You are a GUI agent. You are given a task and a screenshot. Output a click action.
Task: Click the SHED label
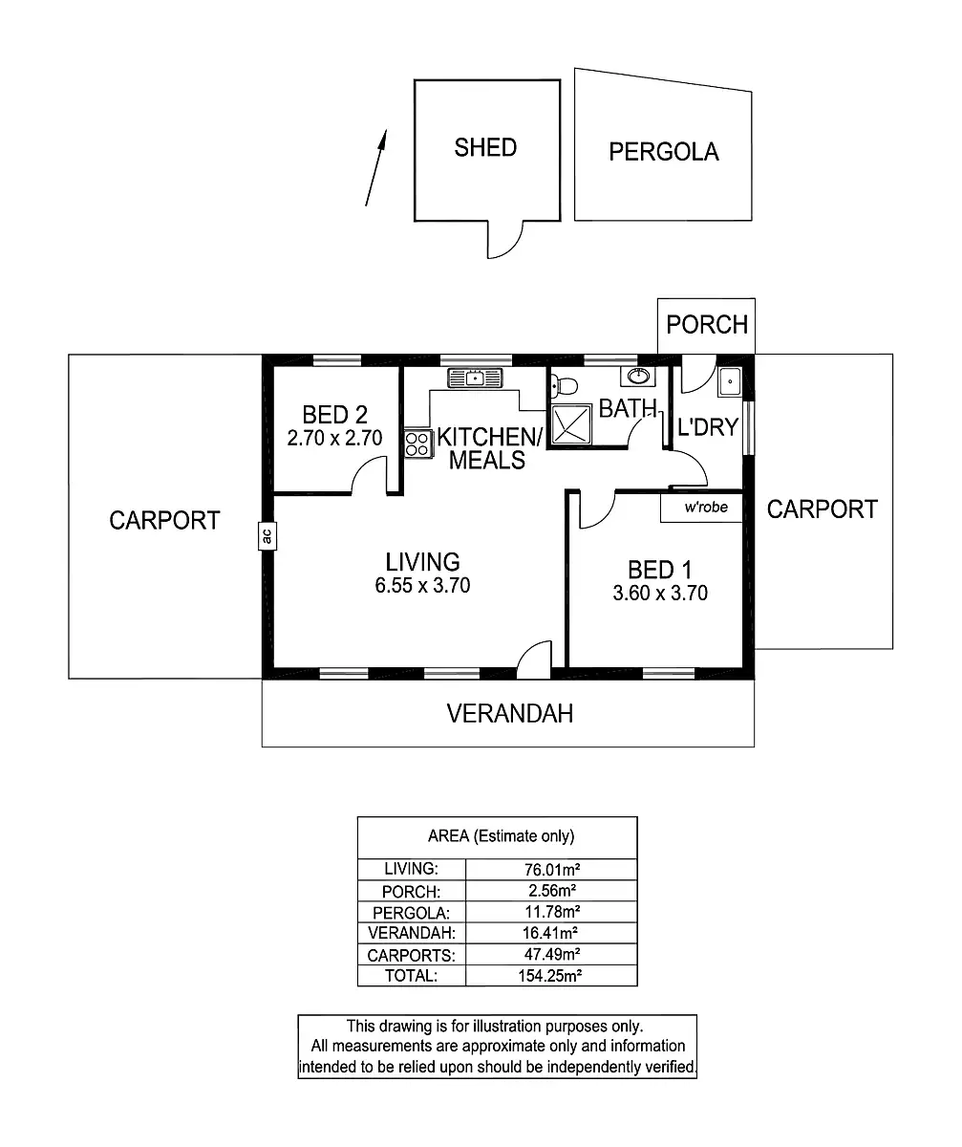tap(485, 147)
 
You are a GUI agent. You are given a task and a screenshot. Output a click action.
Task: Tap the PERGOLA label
tap(664, 151)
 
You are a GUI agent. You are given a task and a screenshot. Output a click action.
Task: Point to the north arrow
tap(375, 167)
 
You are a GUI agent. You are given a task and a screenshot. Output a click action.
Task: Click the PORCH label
tap(707, 325)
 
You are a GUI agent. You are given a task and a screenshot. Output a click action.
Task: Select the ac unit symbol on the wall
tap(267, 535)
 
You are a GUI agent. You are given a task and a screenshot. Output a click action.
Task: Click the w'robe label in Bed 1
tap(706, 508)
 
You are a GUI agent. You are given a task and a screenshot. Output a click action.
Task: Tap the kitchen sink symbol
tap(475, 377)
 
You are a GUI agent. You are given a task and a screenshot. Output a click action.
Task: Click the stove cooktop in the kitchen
tap(417, 443)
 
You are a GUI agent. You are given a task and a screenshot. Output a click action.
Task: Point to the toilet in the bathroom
tap(565, 386)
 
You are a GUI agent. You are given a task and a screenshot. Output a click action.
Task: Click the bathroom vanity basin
tap(637, 375)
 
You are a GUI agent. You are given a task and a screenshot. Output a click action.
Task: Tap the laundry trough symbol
tap(731, 381)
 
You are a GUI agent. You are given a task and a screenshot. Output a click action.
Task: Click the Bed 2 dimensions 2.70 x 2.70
tap(334, 439)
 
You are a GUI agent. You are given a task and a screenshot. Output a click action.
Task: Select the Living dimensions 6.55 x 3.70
tap(422, 585)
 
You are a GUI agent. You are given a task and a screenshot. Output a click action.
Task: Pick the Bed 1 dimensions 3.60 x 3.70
tap(660, 593)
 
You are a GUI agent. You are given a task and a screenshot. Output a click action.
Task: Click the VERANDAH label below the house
tap(510, 713)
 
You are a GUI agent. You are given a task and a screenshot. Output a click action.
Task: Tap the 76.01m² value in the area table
tap(551, 869)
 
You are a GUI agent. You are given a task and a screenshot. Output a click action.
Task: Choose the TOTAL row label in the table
tap(411, 976)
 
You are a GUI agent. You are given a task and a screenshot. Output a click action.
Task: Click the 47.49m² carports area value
tap(551, 955)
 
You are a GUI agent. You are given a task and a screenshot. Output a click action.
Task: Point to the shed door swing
tap(505, 240)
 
